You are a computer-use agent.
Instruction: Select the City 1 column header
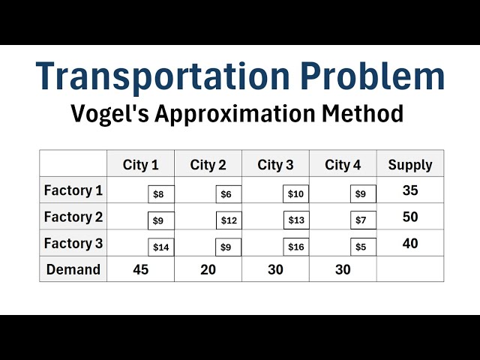140,165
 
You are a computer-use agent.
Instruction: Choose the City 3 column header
275,165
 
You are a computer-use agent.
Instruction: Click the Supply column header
410,165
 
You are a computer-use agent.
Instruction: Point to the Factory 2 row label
73,217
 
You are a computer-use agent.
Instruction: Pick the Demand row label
73,270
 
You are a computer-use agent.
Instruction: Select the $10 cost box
296,194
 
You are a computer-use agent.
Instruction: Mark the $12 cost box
229,220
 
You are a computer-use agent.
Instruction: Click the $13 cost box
296,220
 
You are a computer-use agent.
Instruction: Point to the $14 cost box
161,247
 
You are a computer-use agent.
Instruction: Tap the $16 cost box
296,247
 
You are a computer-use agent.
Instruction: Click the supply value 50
410,217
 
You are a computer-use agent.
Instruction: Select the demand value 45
140,270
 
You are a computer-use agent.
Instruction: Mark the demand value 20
208,270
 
